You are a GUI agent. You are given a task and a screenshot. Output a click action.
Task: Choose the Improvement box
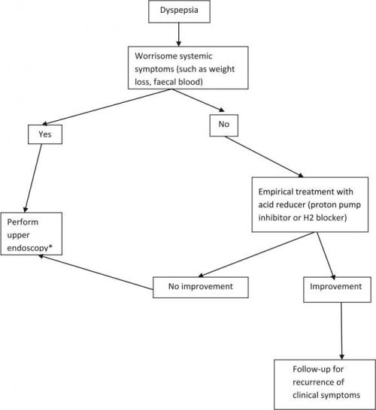pos(336,286)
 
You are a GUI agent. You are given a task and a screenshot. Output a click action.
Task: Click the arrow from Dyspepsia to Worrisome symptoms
pos(177,34)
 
